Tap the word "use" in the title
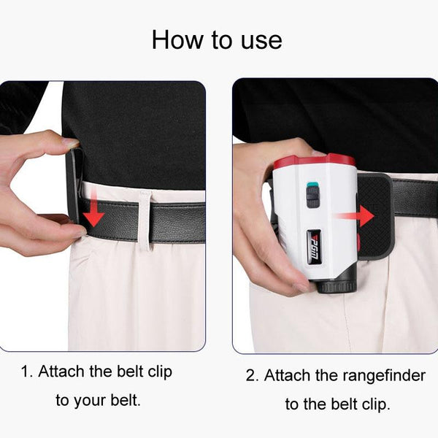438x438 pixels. click(258, 39)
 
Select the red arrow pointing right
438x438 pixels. click(364, 216)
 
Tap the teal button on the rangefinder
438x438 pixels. click(312, 184)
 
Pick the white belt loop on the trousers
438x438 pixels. click(145, 219)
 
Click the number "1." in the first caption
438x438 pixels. click(27, 372)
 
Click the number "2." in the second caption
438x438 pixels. click(253, 376)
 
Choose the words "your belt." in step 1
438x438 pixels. click(109, 400)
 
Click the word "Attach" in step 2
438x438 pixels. click(288, 376)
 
